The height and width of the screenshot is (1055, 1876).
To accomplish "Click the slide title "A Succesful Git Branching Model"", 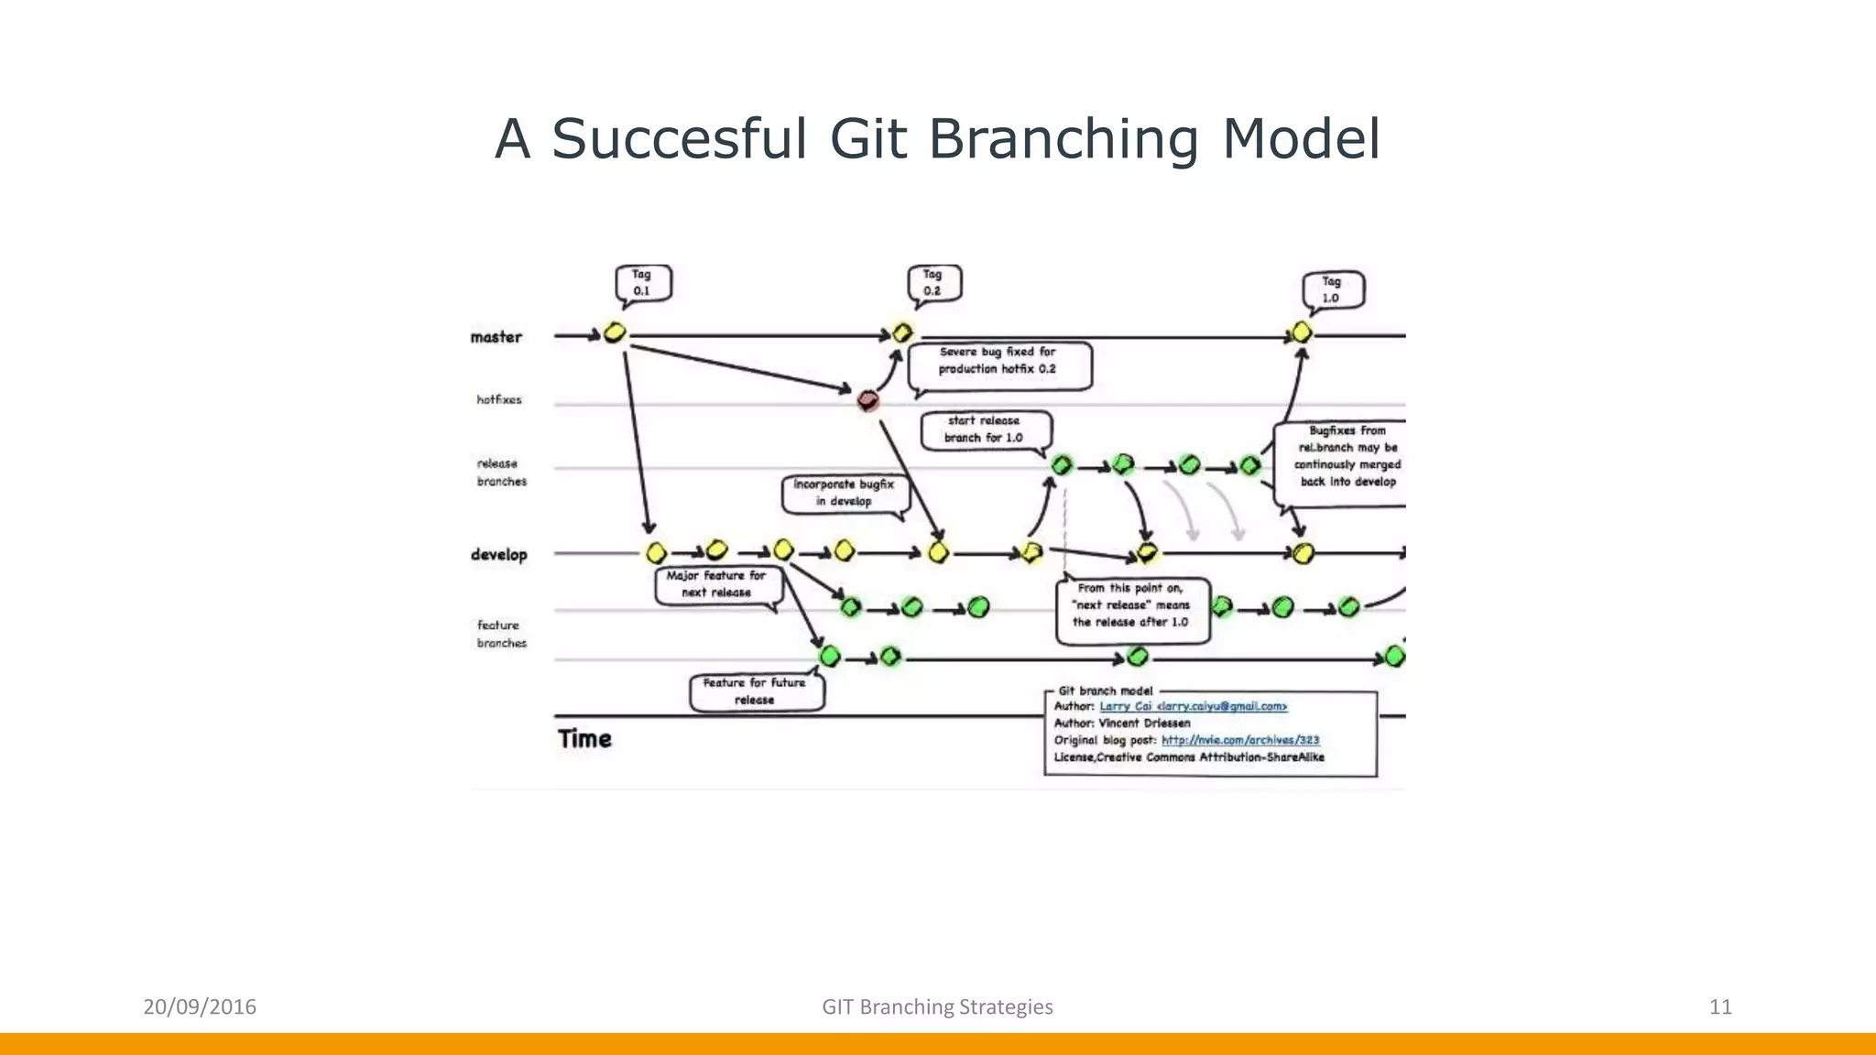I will point(937,139).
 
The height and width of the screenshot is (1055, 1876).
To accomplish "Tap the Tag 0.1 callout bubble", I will point(642,283).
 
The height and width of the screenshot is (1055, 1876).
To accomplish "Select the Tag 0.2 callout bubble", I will point(933,283).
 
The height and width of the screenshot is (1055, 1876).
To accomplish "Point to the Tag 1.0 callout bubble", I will point(1333,290).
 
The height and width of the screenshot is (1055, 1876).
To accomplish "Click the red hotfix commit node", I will point(867,401).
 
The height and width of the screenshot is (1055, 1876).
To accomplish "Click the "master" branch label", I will point(496,337).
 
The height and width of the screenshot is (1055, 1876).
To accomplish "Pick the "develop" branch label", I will point(499,555).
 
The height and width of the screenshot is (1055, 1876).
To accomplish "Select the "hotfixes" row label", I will point(499,400).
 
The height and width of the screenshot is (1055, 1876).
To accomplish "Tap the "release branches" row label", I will point(502,473).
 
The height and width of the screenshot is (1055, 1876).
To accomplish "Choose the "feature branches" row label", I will point(502,634).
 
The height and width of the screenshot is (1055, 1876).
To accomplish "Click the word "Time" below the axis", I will point(584,739).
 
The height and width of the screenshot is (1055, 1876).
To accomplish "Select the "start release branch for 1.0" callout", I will point(984,430).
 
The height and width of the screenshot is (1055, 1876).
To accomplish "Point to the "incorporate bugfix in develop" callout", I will point(844,493).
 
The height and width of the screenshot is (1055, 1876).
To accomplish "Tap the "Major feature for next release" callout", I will point(716,584).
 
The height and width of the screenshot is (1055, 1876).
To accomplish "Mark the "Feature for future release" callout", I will point(755,691).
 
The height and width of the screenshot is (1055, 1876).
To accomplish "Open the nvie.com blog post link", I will point(1240,740).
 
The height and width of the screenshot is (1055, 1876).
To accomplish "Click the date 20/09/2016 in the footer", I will point(200,1007).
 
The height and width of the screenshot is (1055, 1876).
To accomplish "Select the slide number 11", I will point(1720,1007).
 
